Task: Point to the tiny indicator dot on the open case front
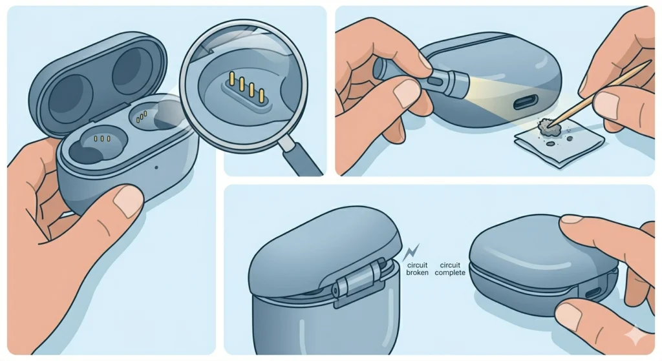(157, 167)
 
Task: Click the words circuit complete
(451, 269)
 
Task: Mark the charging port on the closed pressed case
(592, 293)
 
